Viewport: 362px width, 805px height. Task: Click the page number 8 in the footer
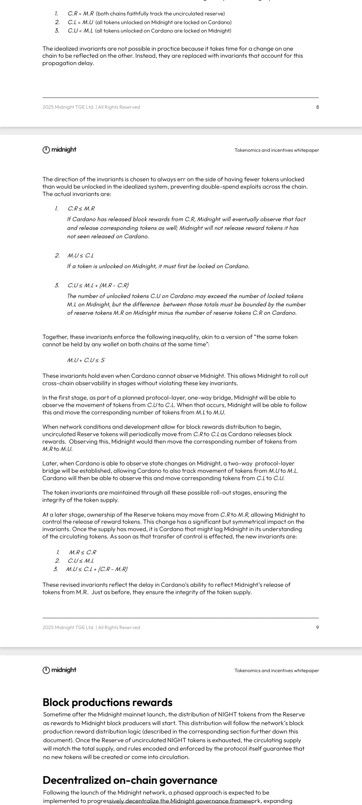317,107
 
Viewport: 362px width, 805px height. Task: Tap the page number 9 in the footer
317,627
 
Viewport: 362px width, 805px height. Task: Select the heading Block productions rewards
107,702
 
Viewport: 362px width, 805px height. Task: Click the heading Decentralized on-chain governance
130,780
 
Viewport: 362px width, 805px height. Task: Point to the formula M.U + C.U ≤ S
86,360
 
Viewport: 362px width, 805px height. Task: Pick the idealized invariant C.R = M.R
80,14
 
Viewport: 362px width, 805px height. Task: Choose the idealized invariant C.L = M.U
80,22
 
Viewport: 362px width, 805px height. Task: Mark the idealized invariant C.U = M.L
80,31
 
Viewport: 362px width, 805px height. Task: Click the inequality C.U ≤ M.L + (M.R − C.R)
98,285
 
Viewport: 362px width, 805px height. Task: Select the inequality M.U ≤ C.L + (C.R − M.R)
97,569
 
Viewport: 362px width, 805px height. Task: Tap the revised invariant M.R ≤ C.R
82,552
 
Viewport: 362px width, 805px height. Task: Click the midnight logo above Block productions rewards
60,670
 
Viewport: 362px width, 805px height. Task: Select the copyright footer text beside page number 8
91,107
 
